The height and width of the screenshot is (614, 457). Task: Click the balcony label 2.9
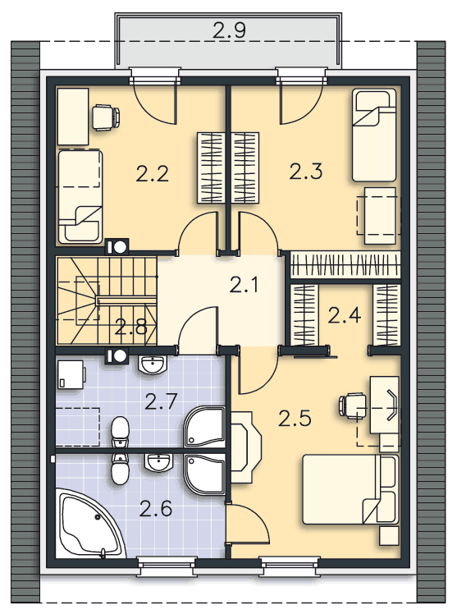click(x=229, y=30)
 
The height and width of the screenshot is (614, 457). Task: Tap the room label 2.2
click(x=153, y=173)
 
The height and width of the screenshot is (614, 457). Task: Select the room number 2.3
click(x=305, y=171)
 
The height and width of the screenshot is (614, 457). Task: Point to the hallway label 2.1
click(x=244, y=285)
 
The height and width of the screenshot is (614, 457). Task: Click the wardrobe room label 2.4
click(x=344, y=315)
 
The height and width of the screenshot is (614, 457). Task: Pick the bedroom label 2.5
click(x=295, y=418)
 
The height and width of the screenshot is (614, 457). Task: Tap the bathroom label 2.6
click(x=155, y=509)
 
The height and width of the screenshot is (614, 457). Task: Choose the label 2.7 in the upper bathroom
click(x=161, y=401)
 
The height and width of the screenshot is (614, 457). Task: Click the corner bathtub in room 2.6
click(x=90, y=523)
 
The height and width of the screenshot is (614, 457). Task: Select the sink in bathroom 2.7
click(x=153, y=365)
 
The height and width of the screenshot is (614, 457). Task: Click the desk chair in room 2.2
click(x=106, y=117)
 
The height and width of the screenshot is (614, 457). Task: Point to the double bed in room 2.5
click(x=350, y=489)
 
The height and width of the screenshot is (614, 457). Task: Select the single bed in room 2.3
click(x=374, y=135)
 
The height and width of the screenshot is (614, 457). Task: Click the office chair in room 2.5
click(x=352, y=406)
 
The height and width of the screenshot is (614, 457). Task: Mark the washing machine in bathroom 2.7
click(x=71, y=375)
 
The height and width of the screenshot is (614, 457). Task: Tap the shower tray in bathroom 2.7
click(x=203, y=427)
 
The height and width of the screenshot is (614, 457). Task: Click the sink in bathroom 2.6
click(x=158, y=462)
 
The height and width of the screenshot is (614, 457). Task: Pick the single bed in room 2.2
click(x=80, y=196)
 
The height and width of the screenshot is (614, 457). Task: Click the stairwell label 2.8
click(x=130, y=327)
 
